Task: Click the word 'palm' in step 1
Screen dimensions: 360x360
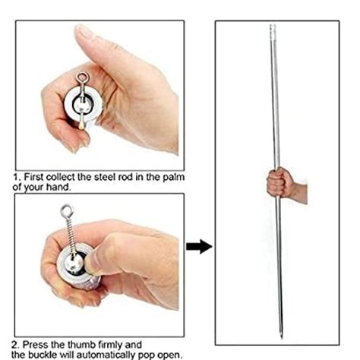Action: point(174,178)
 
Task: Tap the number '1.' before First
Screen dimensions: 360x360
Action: point(17,178)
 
